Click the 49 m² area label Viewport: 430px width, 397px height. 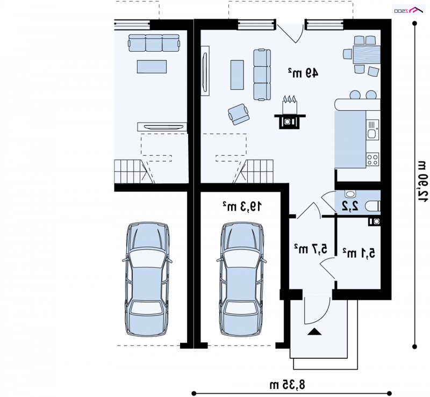point(303,73)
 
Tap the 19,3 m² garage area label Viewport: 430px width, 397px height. point(242,206)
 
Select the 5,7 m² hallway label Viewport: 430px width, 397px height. point(311,249)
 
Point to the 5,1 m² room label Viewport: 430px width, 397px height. point(359,253)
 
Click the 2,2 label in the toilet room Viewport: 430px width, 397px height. point(350,206)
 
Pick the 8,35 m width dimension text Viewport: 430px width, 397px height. point(288,385)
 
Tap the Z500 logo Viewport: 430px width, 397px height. point(409,10)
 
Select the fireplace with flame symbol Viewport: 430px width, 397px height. point(290,112)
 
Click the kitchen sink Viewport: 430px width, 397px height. point(372,129)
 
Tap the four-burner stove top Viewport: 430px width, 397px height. point(372,160)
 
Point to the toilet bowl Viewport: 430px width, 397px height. point(373,206)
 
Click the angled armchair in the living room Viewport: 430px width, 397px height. point(239,114)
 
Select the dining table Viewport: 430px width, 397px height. point(367,55)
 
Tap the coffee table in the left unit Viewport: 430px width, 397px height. point(152,67)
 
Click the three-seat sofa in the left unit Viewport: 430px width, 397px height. point(154,43)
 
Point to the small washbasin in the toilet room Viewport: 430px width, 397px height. point(350,194)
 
